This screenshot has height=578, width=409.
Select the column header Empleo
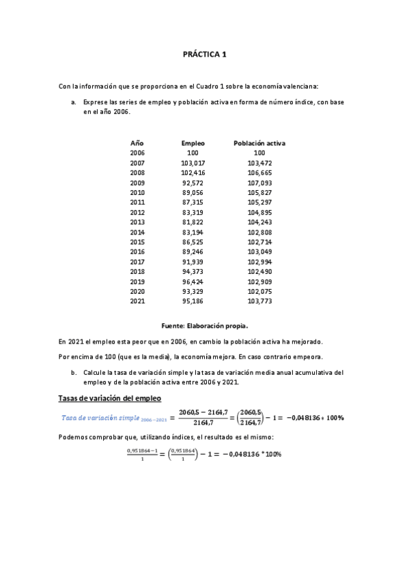[x=193, y=144]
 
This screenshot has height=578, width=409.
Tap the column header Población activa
[x=259, y=144]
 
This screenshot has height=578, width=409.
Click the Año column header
[x=137, y=144]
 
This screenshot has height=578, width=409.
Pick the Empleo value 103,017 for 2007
[x=193, y=164]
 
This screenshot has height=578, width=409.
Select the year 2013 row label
[x=137, y=222]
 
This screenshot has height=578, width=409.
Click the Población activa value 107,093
[x=260, y=183]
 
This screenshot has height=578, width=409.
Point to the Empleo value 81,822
[x=193, y=222]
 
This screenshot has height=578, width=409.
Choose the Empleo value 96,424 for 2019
[x=193, y=281]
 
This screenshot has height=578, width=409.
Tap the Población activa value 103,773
[x=260, y=301]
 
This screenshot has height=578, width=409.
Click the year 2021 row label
[x=137, y=301]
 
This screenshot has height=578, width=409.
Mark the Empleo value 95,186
[x=193, y=301]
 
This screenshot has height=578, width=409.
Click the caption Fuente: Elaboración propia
[x=204, y=326]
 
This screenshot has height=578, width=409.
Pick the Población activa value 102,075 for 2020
[x=260, y=290]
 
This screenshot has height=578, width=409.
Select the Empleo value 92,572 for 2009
[x=193, y=183]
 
